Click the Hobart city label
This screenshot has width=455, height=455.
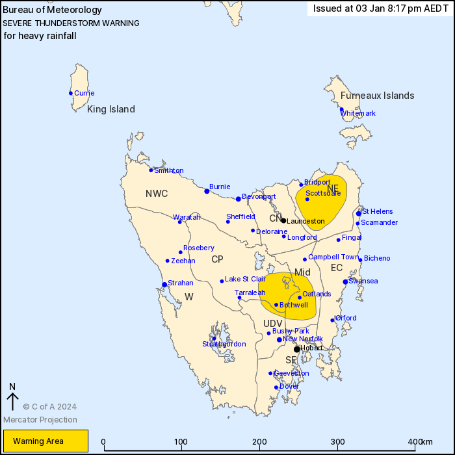pyautogui.click(x=312, y=349)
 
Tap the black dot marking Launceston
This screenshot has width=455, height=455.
pyautogui.click(x=283, y=220)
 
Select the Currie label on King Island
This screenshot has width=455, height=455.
pyautogui.click(x=84, y=93)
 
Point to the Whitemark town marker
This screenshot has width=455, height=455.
pyautogui.click(x=342, y=110)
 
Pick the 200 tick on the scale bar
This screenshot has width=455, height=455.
pyautogui.click(x=259, y=442)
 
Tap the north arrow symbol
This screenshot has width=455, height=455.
pyautogui.click(x=12, y=396)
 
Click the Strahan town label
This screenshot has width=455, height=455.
pyautogui.click(x=181, y=283)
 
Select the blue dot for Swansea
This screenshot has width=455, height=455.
pyautogui.click(x=345, y=281)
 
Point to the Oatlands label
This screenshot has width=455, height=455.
pyautogui.click(x=317, y=294)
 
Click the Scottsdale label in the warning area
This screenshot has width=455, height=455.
pyautogui.click(x=323, y=193)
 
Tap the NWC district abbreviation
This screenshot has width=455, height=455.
pyautogui.click(x=157, y=194)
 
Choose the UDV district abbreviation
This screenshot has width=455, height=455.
pyautogui.click(x=273, y=324)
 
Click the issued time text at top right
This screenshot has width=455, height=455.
pyautogui.click(x=380, y=8)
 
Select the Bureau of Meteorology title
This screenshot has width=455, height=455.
pyautogui.click(x=53, y=10)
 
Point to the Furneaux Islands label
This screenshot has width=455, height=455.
pyautogui.click(x=377, y=96)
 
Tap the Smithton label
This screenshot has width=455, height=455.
pyautogui.click(x=168, y=171)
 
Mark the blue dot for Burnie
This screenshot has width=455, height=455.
pyautogui.click(x=207, y=191)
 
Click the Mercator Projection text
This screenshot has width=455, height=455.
pyautogui.click(x=40, y=419)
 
